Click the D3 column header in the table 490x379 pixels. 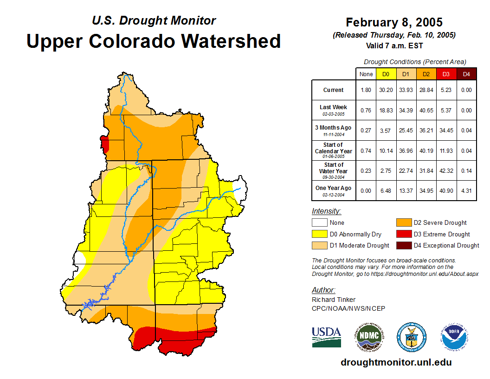[x=446, y=74]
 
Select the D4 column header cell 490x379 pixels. [x=466, y=74]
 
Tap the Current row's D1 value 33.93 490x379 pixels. [x=406, y=90]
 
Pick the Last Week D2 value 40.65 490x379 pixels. [x=426, y=111]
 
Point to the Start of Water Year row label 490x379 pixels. [x=334, y=170]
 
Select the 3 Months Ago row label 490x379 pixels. [x=334, y=130]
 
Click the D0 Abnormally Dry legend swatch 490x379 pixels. [x=319, y=234]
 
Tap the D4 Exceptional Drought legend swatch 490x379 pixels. [x=403, y=245]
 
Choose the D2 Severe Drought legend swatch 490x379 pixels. [x=403, y=222]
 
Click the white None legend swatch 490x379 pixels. [x=319, y=222]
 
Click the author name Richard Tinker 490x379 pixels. [x=334, y=300]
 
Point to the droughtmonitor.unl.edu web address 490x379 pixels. [x=396, y=362]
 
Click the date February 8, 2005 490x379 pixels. [x=394, y=22]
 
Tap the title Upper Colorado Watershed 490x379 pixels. [x=154, y=41]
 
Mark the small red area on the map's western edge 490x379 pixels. [x=105, y=144]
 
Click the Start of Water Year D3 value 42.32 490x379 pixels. [x=446, y=170]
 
